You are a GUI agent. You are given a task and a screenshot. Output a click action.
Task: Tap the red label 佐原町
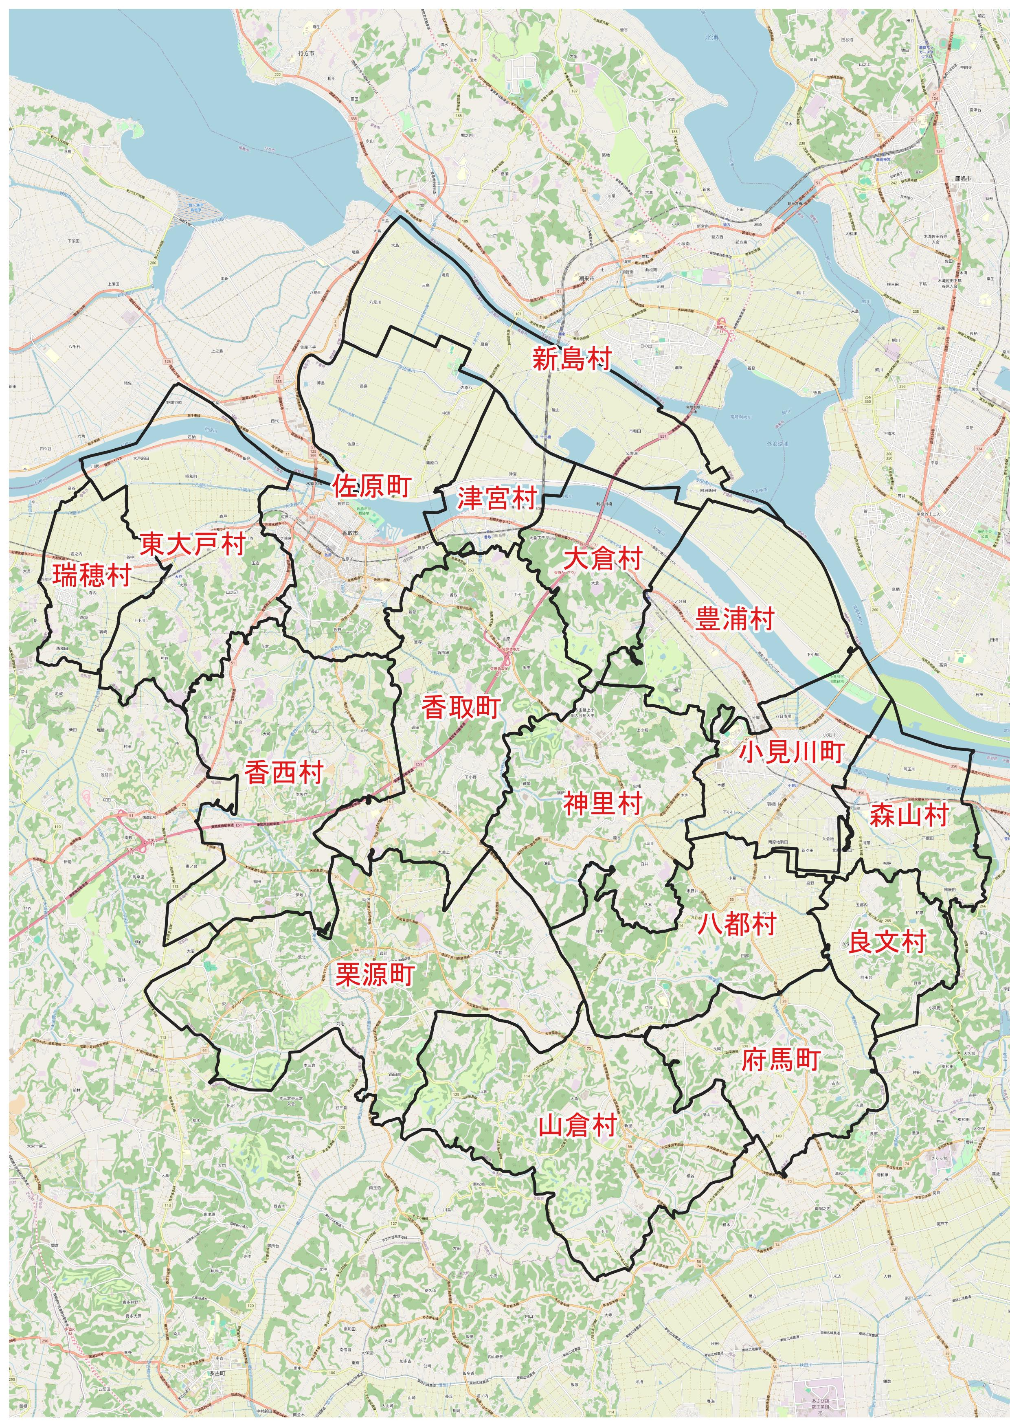point(371,486)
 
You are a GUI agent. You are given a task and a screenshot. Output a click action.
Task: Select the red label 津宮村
point(497,498)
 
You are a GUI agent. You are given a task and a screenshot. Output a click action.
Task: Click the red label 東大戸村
point(192,544)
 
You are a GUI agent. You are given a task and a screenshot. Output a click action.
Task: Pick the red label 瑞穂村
point(91,575)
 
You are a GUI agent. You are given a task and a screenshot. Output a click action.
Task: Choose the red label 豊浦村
point(734,619)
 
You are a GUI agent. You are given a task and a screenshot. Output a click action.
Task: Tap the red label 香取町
point(461,707)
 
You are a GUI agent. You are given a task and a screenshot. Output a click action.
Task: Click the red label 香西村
point(283,772)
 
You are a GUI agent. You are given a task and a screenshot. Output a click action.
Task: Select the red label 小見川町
point(791,752)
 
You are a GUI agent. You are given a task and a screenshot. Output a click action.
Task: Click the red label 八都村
point(736,924)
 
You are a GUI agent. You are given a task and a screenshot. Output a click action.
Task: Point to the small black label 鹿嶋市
point(963,178)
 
